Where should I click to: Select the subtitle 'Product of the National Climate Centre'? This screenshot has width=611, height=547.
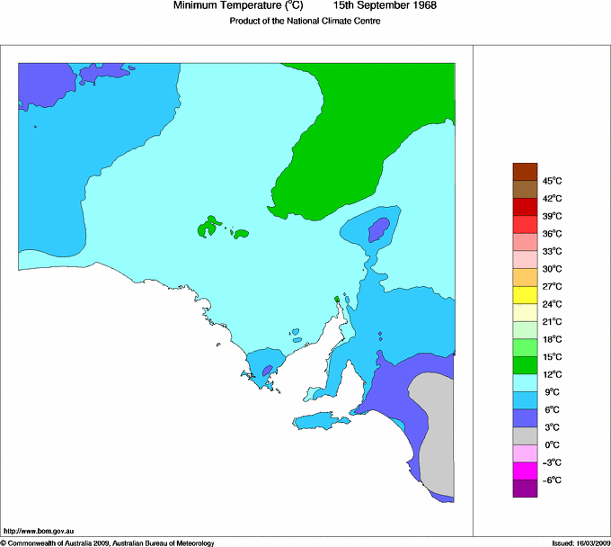click(x=305, y=22)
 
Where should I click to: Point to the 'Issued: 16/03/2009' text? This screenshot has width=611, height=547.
click(x=575, y=543)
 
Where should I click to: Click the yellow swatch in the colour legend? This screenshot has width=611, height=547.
click(x=525, y=295)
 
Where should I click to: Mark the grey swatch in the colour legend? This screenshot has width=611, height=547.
click(x=525, y=435)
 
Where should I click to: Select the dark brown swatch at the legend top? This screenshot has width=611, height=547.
click(x=525, y=172)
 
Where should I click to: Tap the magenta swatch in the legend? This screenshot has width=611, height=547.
click(x=525, y=471)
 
